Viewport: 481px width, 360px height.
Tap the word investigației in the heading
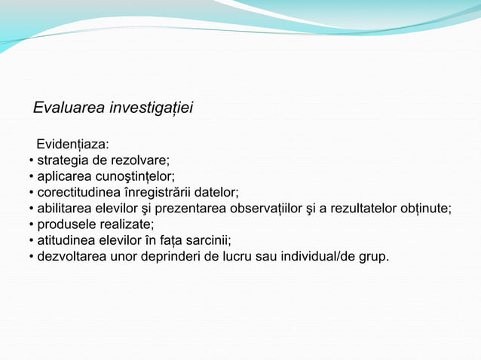[151, 108]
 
